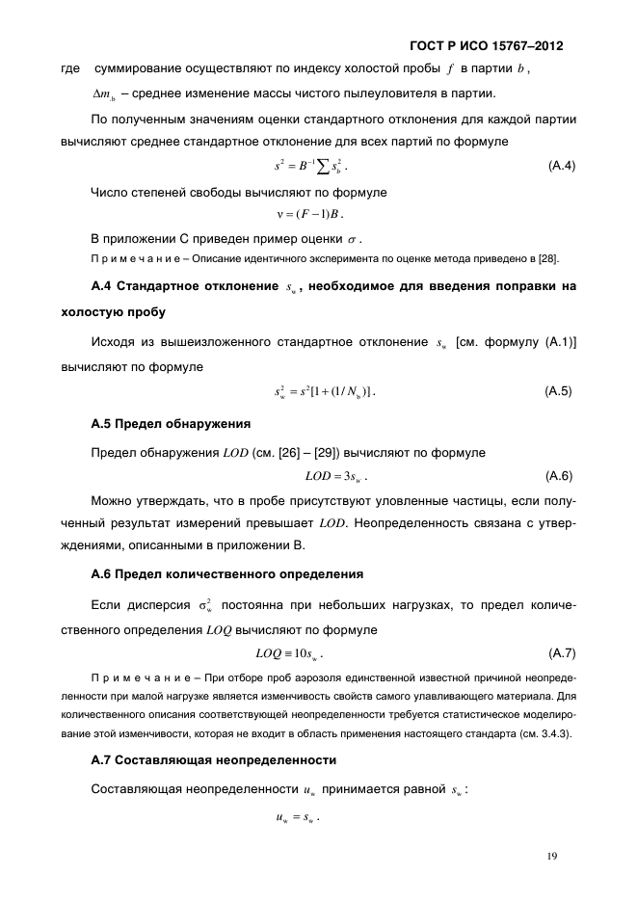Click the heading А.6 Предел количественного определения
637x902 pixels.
pyautogui.click(x=226, y=574)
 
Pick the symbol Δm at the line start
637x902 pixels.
pyautogui.click(x=104, y=94)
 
